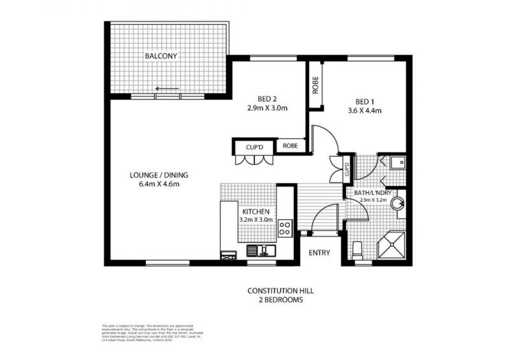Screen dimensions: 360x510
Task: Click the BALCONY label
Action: (161, 56)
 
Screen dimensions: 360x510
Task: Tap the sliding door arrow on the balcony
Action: (168, 89)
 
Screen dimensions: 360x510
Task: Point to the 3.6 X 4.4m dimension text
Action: (364, 110)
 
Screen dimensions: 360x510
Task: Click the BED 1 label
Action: (364, 101)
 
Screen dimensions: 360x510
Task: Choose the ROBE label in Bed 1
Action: (315, 85)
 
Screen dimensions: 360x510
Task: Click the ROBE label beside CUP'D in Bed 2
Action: (290, 146)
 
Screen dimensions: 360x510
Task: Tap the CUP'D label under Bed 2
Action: (254, 147)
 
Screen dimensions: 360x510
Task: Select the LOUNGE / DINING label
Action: (159, 176)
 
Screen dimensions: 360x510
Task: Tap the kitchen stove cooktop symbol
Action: (285, 226)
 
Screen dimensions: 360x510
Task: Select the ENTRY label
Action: (319, 253)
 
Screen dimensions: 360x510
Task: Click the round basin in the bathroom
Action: (398, 204)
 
